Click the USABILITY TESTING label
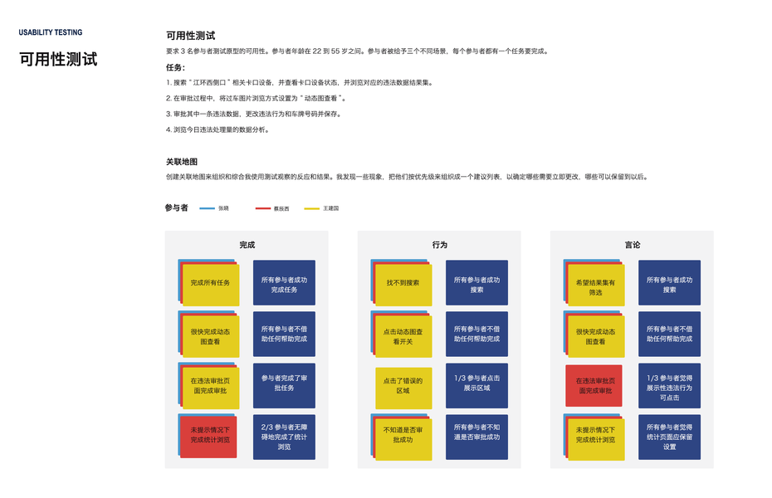point(51,33)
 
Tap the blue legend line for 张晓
point(207,208)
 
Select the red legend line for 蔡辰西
point(262,208)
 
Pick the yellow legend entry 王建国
point(312,208)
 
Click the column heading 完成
point(247,245)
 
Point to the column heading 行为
point(439,245)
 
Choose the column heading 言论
point(632,245)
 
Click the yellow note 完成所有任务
point(210,284)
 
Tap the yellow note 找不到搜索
point(403,284)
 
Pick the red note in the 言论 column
point(594,386)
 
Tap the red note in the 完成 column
point(208,436)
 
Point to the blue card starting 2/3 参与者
point(284,437)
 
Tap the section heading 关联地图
point(182,162)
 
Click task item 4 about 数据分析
point(217,129)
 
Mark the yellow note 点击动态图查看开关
point(403,336)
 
